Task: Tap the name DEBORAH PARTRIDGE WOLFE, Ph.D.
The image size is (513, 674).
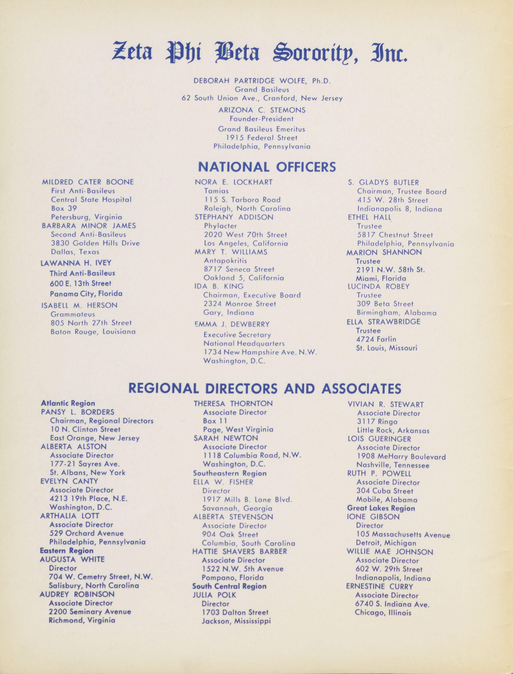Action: click(x=262, y=81)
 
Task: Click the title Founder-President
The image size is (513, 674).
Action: click(x=262, y=119)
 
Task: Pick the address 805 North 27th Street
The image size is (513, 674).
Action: click(x=91, y=323)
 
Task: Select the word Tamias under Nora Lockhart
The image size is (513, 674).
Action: click(x=216, y=191)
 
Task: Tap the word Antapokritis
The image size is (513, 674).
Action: click(x=225, y=261)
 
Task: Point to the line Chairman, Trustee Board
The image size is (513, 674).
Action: click(x=402, y=192)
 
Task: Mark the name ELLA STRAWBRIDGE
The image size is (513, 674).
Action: click(x=383, y=322)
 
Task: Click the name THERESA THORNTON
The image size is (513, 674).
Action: click(x=233, y=404)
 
